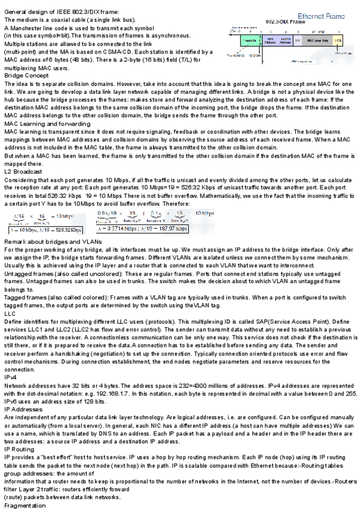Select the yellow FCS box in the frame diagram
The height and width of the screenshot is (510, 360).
pos(338,40)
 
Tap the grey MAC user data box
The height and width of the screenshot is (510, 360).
pos(317,40)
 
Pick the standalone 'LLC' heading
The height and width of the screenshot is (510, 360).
pos(10,313)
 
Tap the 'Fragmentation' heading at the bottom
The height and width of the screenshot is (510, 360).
pos(25,506)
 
